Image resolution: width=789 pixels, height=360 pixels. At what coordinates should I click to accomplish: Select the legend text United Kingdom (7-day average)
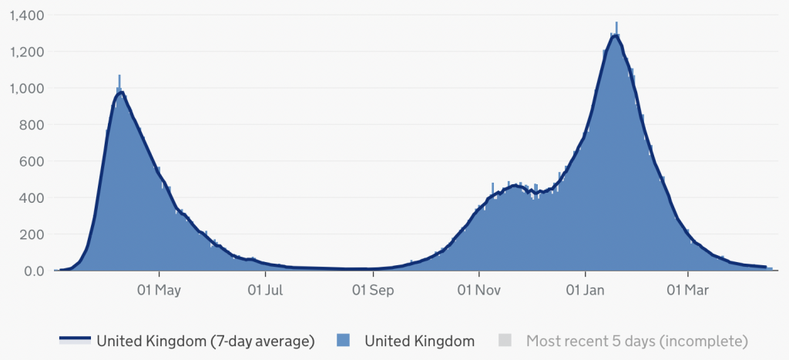[x=205, y=341]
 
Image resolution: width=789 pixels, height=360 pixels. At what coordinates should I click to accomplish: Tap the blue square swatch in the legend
[x=344, y=341]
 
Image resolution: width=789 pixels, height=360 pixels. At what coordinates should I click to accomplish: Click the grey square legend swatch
[x=505, y=341]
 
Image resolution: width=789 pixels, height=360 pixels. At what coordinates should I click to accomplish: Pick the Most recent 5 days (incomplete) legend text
[x=637, y=341]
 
